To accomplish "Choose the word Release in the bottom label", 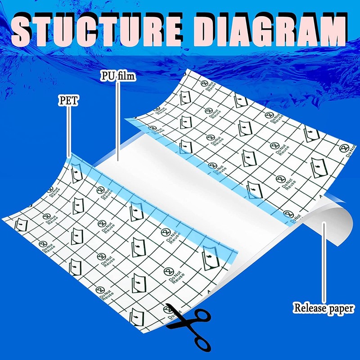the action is tap(309, 308).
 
